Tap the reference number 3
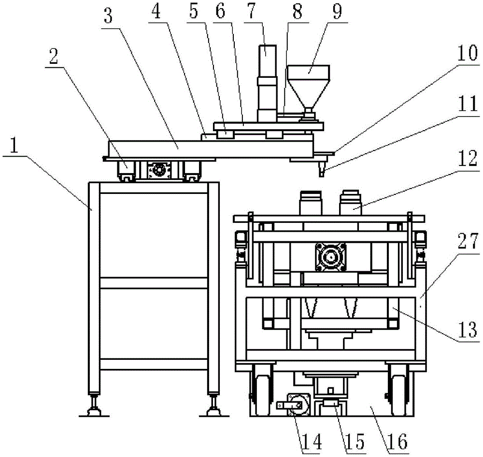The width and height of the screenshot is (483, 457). (x=108, y=16)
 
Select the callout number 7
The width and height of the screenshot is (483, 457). (x=252, y=11)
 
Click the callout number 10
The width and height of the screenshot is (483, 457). (x=467, y=53)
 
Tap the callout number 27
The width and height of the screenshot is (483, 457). (x=468, y=241)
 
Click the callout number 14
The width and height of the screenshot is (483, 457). (x=312, y=442)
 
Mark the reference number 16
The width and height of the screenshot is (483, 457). (x=398, y=442)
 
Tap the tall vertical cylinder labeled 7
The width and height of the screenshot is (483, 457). (x=267, y=83)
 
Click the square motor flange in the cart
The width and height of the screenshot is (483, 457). (x=330, y=257)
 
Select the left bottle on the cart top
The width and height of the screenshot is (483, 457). (x=311, y=203)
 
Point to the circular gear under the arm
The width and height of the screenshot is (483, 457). (x=159, y=170)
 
